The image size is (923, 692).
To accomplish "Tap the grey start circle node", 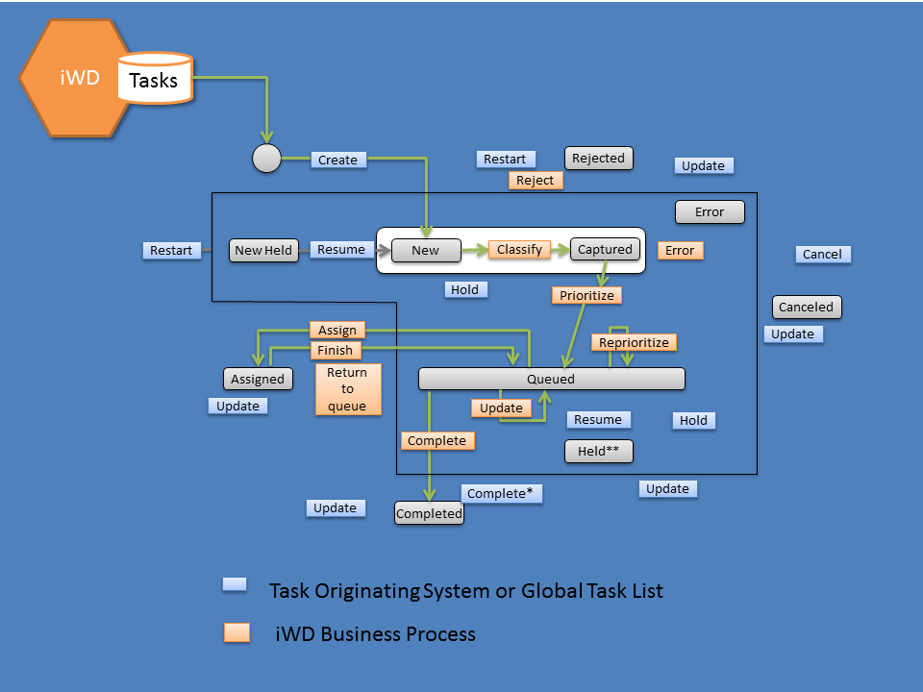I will tap(266, 159).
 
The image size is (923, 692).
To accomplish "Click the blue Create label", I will tap(338, 160).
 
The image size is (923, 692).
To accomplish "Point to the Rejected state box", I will tap(598, 159).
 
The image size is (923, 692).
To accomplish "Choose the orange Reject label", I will tap(536, 180).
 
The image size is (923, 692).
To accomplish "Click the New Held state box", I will tap(263, 250).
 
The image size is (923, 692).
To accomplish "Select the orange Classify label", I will tap(520, 249).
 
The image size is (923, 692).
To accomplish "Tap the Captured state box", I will tap(605, 249).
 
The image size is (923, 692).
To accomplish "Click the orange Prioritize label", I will tap(586, 295).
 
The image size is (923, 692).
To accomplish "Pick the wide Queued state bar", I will tap(551, 379).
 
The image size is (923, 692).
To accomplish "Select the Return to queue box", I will tap(347, 388).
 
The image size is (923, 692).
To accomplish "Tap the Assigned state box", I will tap(258, 379).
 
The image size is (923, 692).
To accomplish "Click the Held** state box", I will tap(598, 451).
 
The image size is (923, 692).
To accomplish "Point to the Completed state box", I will tap(429, 513).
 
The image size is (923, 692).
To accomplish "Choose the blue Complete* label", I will tap(500, 493).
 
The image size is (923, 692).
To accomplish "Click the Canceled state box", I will tap(807, 307).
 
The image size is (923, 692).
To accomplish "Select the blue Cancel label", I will tap(822, 254).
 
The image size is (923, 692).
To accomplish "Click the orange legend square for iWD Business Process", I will tap(237, 632).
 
